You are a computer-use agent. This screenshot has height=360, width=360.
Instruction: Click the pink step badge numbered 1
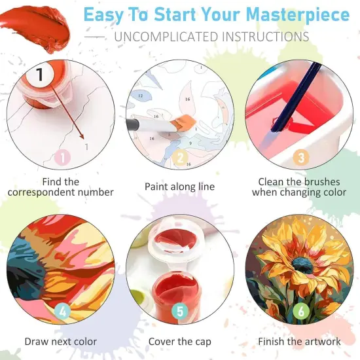click(62, 157)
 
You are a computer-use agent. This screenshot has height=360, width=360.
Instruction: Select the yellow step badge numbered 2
click(180, 157)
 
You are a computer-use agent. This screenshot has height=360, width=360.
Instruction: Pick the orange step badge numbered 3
click(300, 157)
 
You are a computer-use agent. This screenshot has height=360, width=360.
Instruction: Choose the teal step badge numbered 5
click(179, 312)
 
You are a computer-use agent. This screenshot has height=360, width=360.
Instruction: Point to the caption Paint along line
click(179, 187)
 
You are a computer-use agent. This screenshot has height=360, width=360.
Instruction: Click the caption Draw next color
click(61, 341)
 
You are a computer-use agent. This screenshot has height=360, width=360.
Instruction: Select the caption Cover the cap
click(179, 341)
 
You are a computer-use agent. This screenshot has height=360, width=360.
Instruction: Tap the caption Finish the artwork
click(299, 341)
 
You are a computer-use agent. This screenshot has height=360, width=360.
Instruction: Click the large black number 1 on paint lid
click(40, 75)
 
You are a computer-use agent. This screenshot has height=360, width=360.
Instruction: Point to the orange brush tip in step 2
click(185, 122)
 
